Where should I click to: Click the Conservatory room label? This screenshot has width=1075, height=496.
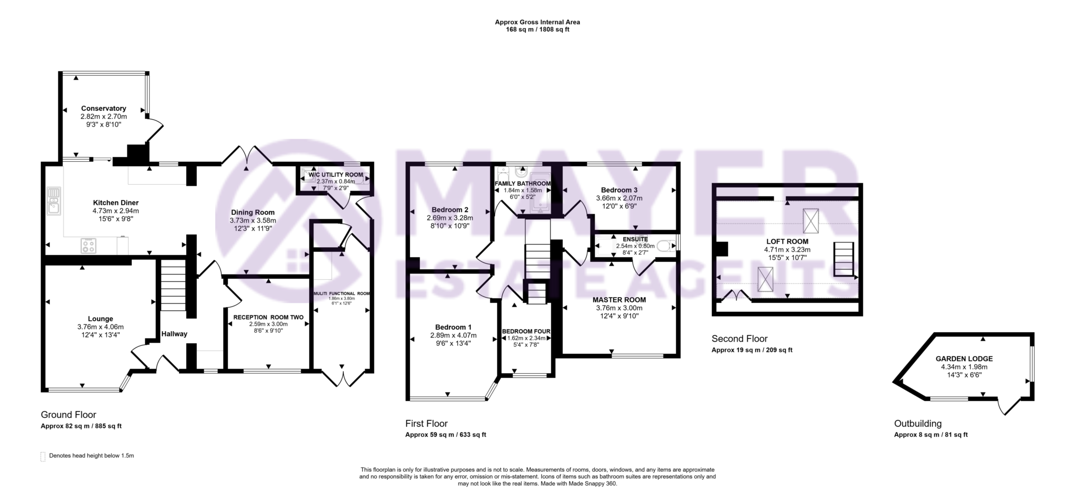(x=103, y=109)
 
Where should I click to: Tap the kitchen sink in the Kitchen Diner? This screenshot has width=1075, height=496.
(x=54, y=201)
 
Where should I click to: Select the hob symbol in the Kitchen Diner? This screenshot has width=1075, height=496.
(x=88, y=245)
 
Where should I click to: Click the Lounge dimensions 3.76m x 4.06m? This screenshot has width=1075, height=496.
(x=100, y=327)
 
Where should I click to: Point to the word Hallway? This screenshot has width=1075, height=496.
(x=174, y=334)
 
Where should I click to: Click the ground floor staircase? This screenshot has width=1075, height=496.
(x=173, y=287)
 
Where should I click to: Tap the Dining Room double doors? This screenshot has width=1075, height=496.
(x=247, y=155)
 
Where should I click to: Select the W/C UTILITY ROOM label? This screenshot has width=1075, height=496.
(x=335, y=175)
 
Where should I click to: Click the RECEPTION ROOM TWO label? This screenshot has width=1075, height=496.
(x=268, y=317)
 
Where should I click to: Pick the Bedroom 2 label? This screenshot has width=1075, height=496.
(x=450, y=209)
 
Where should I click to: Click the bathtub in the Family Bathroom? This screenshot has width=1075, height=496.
(x=541, y=193)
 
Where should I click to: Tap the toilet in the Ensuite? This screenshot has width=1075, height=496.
(x=666, y=246)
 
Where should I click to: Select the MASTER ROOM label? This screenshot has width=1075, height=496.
(x=619, y=300)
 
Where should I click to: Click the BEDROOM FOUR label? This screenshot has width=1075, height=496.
(x=526, y=331)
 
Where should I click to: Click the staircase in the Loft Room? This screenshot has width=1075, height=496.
(x=844, y=258)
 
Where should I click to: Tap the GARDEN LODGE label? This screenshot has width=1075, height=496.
(x=964, y=359)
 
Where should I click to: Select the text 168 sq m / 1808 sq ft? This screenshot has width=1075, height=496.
(x=537, y=30)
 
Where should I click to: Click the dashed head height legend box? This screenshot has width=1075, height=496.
(x=43, y=456)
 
